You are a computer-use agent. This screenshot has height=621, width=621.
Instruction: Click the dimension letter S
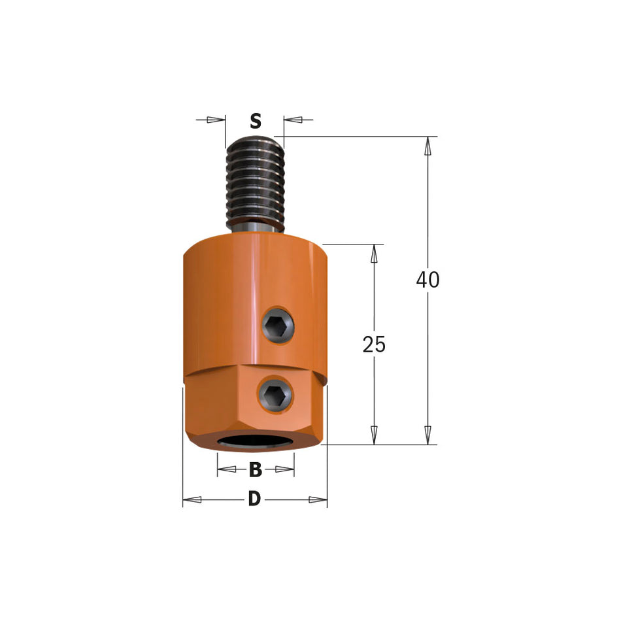[256, 122]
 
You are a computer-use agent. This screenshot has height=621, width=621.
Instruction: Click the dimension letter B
[256, 469]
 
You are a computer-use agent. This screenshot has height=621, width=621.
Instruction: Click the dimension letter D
[254, 500]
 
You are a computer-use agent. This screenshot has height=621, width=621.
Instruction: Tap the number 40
[428, 280]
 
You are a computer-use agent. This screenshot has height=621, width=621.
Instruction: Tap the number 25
[374, 344]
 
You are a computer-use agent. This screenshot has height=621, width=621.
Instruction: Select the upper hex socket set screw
[277, 324]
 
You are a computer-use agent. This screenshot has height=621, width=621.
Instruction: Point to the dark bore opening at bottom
[255, 442]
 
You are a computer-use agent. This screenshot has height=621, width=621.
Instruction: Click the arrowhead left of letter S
[216, 120]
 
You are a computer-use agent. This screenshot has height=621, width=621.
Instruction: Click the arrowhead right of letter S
[294, 120]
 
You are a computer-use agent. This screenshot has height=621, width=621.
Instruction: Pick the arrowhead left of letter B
[226, 469]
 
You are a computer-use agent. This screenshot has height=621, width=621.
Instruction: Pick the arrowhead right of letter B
[285, 469]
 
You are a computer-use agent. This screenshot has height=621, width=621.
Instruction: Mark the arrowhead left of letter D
[192, 500]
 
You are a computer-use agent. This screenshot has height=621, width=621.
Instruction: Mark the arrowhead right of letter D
[318, 500]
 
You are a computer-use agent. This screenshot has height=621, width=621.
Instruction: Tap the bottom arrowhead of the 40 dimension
[428, 435]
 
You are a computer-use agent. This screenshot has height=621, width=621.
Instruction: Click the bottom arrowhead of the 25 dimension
[374, 435]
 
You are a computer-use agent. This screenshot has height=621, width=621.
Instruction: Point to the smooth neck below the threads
[255, 224]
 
